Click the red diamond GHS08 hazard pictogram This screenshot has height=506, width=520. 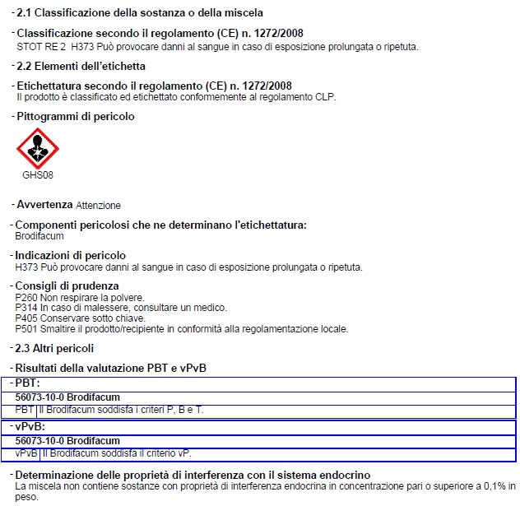38,149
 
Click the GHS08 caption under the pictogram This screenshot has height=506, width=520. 38,174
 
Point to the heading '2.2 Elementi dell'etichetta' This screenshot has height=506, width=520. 81,66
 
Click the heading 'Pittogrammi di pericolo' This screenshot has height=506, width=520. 75,117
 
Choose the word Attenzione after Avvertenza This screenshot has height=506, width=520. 98,205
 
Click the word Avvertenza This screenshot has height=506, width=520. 44,204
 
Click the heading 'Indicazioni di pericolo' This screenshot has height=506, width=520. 71,256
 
